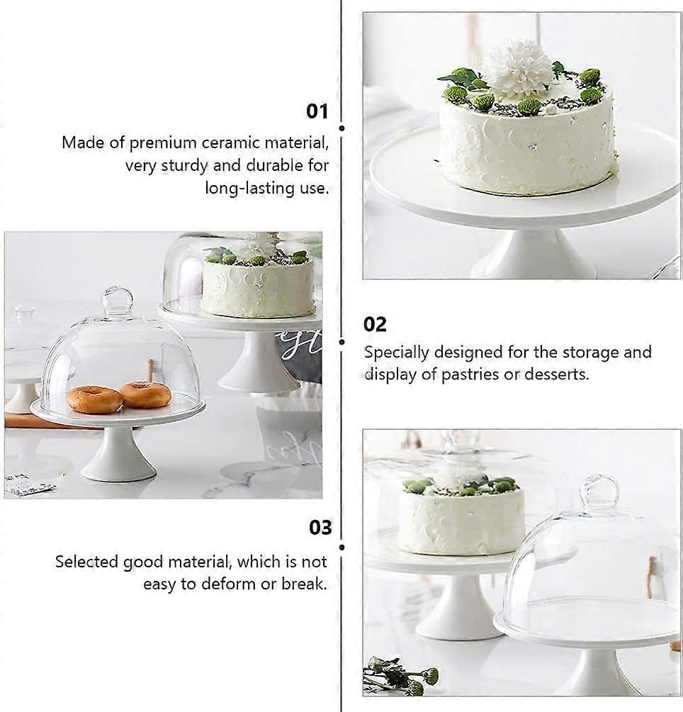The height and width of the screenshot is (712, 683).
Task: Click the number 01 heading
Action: pos(317,111)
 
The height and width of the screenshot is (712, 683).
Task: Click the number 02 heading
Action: pos(375,325)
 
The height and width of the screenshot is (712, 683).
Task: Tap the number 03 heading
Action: pos(320,528)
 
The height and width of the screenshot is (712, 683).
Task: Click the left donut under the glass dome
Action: pos(94,400)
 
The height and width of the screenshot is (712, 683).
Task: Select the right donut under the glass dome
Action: pos(145,394)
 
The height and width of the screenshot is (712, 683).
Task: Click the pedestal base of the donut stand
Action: pos(118,461)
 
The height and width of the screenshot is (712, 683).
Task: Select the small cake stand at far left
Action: pos(23,376)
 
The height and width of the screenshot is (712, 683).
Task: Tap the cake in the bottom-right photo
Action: pos(461,518)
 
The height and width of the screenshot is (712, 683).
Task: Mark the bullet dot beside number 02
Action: pos(341,342)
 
